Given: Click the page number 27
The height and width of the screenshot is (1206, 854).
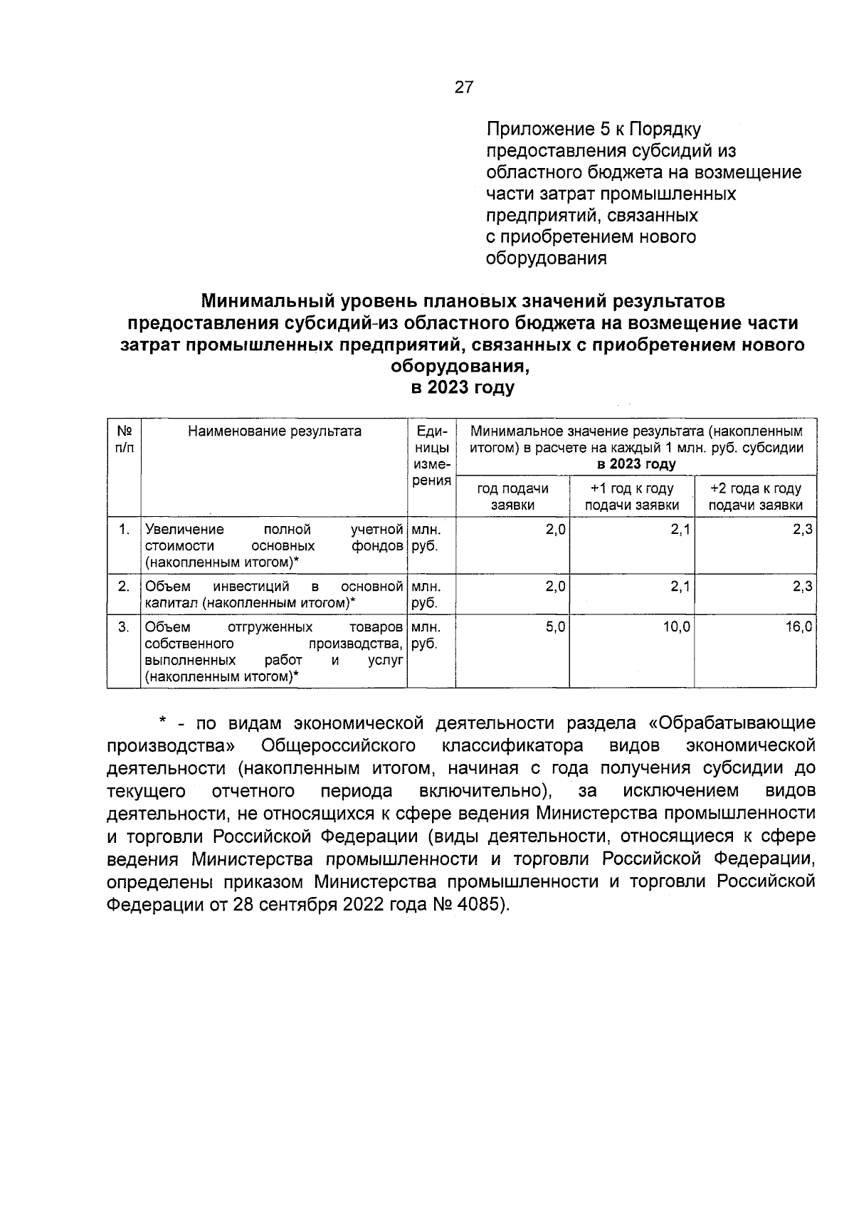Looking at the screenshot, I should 463,88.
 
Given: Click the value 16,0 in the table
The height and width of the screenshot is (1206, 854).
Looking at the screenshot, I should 798,627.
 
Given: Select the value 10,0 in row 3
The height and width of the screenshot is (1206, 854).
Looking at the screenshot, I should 676,627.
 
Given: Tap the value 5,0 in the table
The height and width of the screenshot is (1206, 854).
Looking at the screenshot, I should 555,627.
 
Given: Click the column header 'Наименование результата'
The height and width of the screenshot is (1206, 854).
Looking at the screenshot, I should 275,431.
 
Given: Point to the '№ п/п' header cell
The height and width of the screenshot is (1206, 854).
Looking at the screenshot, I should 124,439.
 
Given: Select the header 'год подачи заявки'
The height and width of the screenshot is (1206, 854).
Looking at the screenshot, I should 512,496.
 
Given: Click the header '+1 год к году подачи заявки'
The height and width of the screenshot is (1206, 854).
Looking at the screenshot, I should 632,496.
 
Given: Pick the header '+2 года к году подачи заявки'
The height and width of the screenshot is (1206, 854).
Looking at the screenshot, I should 755,496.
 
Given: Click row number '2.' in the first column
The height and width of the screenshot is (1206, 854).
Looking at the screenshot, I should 124,586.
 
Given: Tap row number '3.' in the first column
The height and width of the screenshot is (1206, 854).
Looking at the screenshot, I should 124,627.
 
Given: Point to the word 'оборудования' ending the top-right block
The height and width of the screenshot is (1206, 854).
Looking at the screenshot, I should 546,258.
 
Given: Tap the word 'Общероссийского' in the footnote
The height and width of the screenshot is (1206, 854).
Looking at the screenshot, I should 338,745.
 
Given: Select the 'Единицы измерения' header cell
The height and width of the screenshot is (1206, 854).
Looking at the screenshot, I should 431,456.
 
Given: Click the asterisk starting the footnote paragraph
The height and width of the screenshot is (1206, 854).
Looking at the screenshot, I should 162,723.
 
